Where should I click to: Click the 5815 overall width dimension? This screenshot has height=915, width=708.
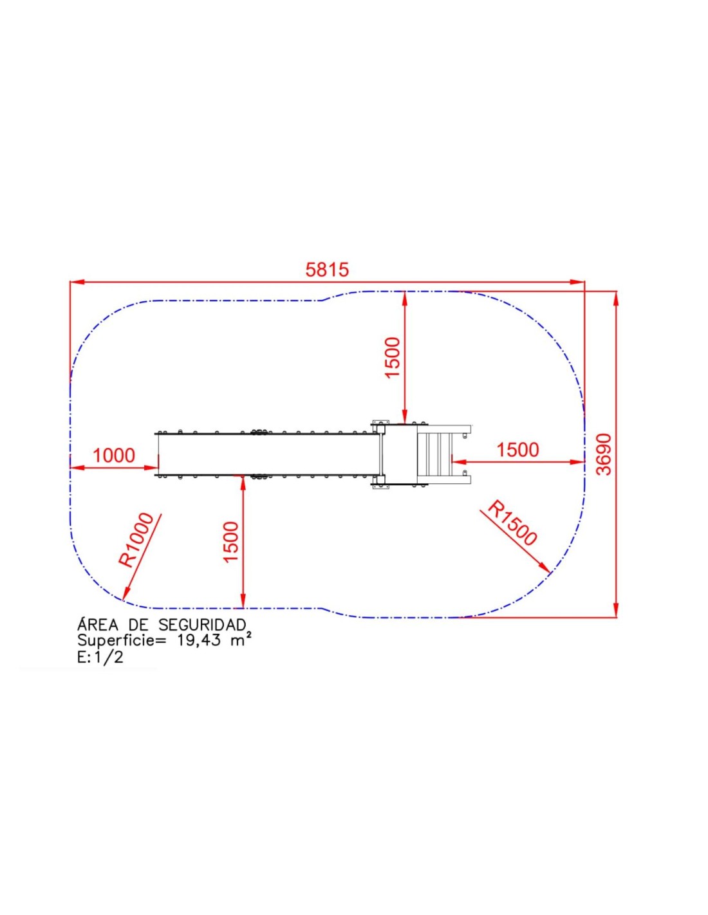pos(327,270)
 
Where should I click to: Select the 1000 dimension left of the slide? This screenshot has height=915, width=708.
pos(114,455)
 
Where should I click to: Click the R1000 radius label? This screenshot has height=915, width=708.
pos(136,540)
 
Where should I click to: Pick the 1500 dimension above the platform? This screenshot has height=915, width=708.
pos(392,358)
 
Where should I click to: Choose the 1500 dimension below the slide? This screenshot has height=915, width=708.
pos(231,542)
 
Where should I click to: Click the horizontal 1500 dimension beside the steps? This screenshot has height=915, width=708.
pos(517,450)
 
